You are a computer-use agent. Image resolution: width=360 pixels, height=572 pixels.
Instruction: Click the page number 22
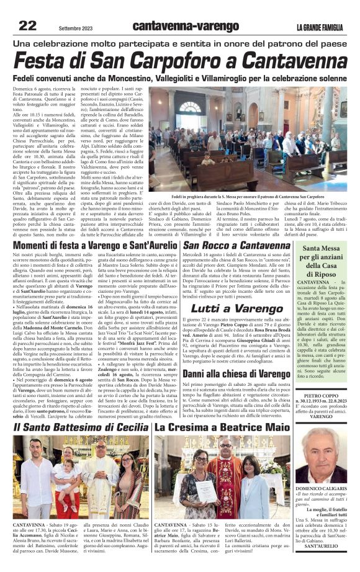tap(28, 25)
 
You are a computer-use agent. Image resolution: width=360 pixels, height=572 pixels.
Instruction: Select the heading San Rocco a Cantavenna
tap(236, 229)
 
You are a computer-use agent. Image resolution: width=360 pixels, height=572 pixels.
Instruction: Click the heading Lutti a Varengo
tap(236, 308)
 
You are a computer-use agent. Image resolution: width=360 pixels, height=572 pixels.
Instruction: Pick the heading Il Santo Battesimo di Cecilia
tap(81, 428)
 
